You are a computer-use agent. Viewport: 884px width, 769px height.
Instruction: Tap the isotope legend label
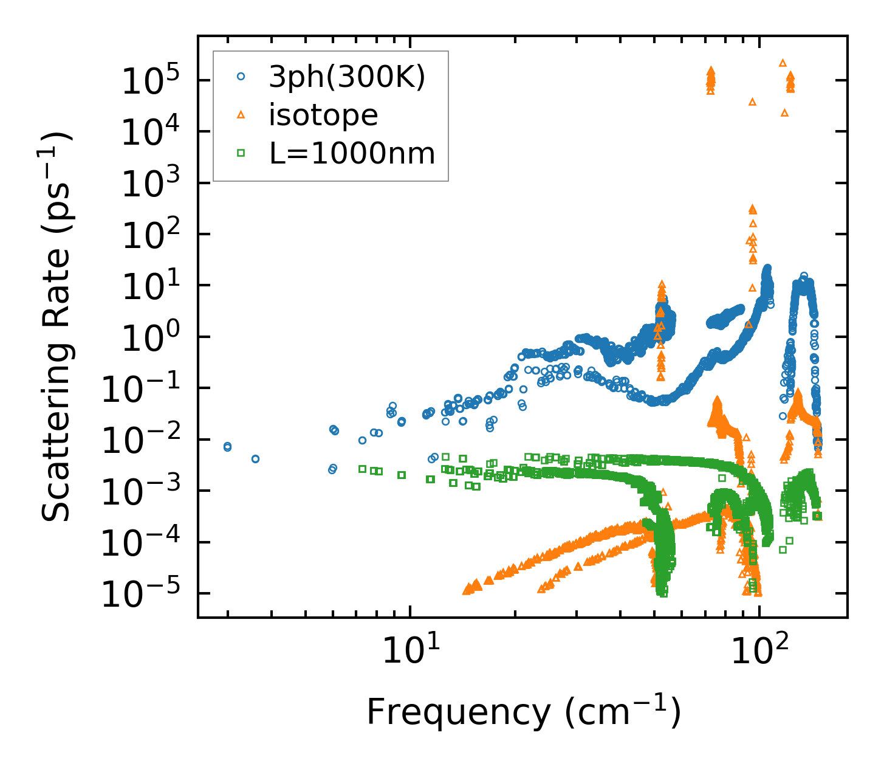pyautogui.click(x=323, y=115)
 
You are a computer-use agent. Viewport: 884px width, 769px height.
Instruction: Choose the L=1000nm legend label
pyautogui.click(x=352, y=153)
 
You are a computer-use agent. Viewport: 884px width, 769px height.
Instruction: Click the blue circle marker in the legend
pyautogui.click(x=241, y=77)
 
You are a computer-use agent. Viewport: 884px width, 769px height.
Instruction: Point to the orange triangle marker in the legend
pyautogui.click(x=241, y=114)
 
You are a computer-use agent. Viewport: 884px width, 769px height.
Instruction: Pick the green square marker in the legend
pyautogui.click(x=241, y=153)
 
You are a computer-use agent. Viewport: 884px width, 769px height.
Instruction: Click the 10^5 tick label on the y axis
pyautogui.click(x=145, y=81)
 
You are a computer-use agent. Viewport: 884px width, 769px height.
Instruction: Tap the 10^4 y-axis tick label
pyautogui.click(x=145, y=133)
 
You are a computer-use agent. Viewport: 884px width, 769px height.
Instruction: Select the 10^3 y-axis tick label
pyautogui.click(x=145, y=184)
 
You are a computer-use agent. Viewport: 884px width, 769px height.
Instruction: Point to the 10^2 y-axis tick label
pyautogui.click(x=145, y=235)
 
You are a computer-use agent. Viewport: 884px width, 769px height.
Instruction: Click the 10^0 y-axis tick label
pyautogui.click(x=145, y=338)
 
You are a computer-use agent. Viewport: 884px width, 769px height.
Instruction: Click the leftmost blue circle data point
pyautogui.click(x=227, y=447)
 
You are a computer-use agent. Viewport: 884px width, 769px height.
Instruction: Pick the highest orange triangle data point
pyautogui.click(x=783, y=63)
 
